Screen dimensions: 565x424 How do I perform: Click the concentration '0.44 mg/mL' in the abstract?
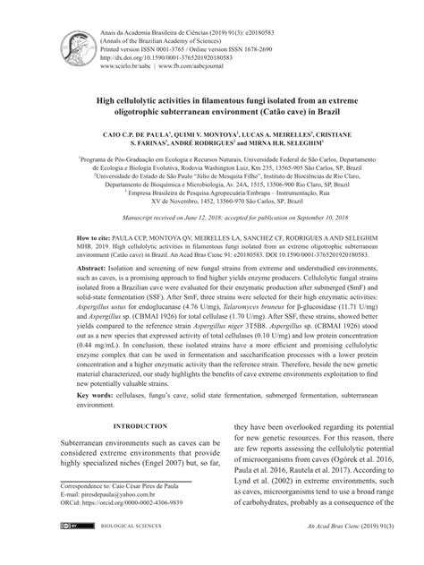click(81, 393)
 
